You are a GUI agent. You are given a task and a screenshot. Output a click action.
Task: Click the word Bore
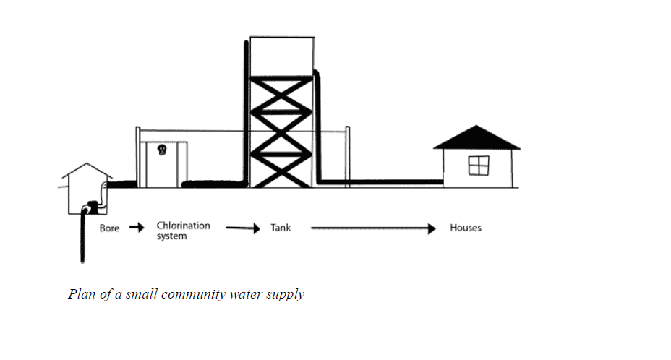point(109,228)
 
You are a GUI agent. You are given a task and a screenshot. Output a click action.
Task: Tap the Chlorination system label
point(183,231)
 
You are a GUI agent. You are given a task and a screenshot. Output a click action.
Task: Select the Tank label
point(281,228)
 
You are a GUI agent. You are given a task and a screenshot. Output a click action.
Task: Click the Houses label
point(465,228)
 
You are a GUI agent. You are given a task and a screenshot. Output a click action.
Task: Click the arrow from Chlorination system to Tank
point(242,228)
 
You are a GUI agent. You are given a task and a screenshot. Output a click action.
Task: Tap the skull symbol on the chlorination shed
point(161,151)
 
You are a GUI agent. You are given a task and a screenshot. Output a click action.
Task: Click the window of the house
point(479,166)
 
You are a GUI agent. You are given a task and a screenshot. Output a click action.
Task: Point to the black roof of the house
point(476,138)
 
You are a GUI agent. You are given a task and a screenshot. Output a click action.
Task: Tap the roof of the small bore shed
point(86,172)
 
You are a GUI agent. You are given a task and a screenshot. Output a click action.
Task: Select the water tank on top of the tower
point(281,56)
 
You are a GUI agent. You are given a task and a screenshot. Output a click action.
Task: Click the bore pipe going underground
point(84,239)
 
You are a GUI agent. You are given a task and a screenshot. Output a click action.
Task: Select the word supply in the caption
point(287,295)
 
